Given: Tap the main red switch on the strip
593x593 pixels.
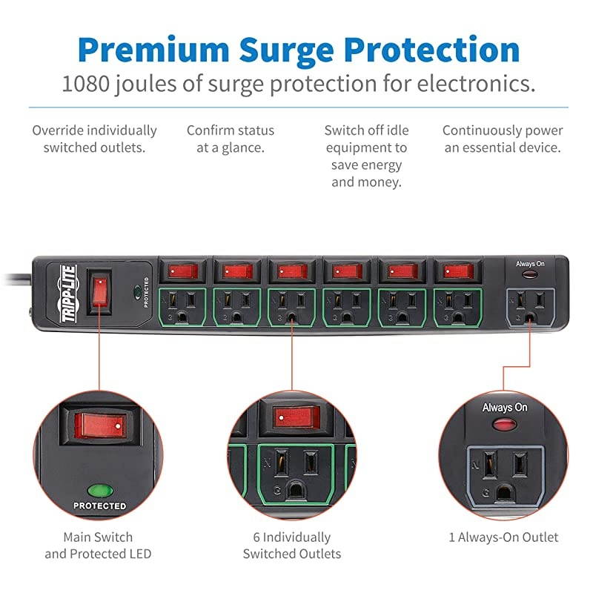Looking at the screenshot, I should pos(99,291).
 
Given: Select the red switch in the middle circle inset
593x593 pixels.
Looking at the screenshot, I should pos(296,417).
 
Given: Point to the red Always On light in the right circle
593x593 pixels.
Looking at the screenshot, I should pos(504,424).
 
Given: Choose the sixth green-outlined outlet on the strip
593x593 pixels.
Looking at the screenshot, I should pos(457,305).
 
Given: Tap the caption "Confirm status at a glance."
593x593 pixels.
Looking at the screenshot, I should pos(231,139).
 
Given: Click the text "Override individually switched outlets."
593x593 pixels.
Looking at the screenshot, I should pos(94,139).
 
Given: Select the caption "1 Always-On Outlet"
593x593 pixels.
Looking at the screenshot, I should pos(503,537).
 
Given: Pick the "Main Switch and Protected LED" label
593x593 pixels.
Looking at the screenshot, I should pos(99,546).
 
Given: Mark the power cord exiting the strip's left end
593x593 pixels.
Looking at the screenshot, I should pos(15,278).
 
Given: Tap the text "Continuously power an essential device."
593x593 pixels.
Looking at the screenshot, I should pos(503,139).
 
